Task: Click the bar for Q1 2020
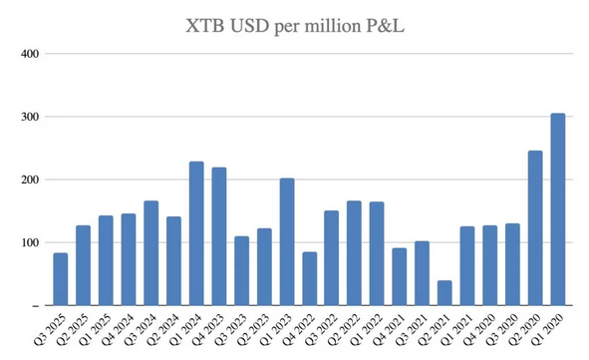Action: (x=557, y=209)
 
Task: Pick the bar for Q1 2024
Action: (x=196, y=233)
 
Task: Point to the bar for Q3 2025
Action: (x=61, y=279)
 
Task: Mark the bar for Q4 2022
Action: (x=309, y=278)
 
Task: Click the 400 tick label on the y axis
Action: (x=28, y=54)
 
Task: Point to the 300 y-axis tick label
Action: (x=28, y=117)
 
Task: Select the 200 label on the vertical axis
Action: (x=28, y=180)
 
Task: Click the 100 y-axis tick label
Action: (x=28, y=242)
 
